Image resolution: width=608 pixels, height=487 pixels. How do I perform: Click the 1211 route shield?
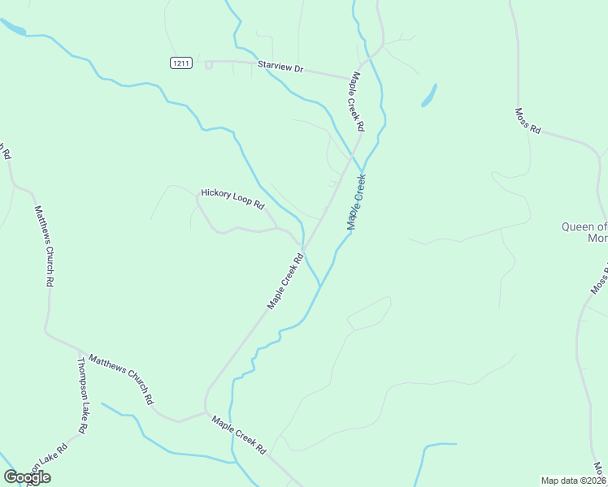point(181,63)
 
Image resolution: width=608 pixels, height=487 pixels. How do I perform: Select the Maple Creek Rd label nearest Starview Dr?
point(356,101)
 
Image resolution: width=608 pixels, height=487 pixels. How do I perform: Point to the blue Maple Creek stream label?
point(357,202)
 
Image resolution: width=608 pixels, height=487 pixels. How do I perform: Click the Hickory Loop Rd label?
point(233,199)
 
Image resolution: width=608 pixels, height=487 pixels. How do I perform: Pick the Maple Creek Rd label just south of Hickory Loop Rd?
point(286,280)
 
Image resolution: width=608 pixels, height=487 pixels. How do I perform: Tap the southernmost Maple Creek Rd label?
point(239,435)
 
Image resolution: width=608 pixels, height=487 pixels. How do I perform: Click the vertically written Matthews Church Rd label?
point(43,246)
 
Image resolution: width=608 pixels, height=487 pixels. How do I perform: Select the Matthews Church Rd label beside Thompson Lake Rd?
point(120,379)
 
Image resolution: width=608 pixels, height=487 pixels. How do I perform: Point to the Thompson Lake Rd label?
point(83,395)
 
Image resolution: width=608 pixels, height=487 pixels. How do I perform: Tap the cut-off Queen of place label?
point(584,232)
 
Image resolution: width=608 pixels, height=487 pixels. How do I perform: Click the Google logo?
point(27,477)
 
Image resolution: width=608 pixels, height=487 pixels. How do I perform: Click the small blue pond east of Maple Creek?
point(428,96)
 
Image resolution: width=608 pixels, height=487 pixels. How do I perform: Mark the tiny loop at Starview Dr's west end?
point(209,65)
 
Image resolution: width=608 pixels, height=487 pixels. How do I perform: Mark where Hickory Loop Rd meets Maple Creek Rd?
point(303,246)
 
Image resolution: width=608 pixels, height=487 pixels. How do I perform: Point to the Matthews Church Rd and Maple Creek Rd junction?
point(205,413)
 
